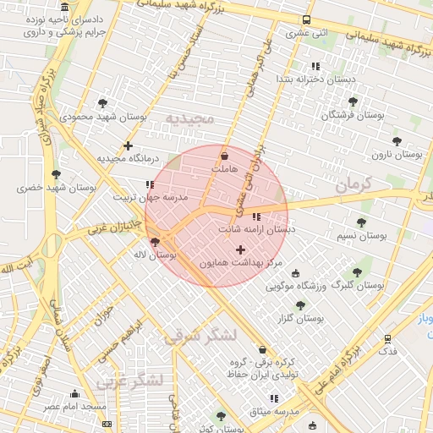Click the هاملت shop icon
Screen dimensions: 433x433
point(224,156)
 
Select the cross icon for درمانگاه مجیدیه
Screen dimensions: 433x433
point(128,145)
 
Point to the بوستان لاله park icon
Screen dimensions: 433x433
point(154,242)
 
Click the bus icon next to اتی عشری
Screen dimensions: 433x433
point(306,19)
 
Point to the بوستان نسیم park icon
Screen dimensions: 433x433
point(361,222)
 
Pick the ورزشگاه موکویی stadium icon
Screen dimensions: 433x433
point(295,272)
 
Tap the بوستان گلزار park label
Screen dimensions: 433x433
point(302,318)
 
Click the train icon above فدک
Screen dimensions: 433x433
point(387,337)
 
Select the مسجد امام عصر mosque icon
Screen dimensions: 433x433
point(75,393)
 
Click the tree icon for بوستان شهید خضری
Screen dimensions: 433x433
point(56,173)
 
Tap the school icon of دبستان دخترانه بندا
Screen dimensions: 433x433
point(315,65)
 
